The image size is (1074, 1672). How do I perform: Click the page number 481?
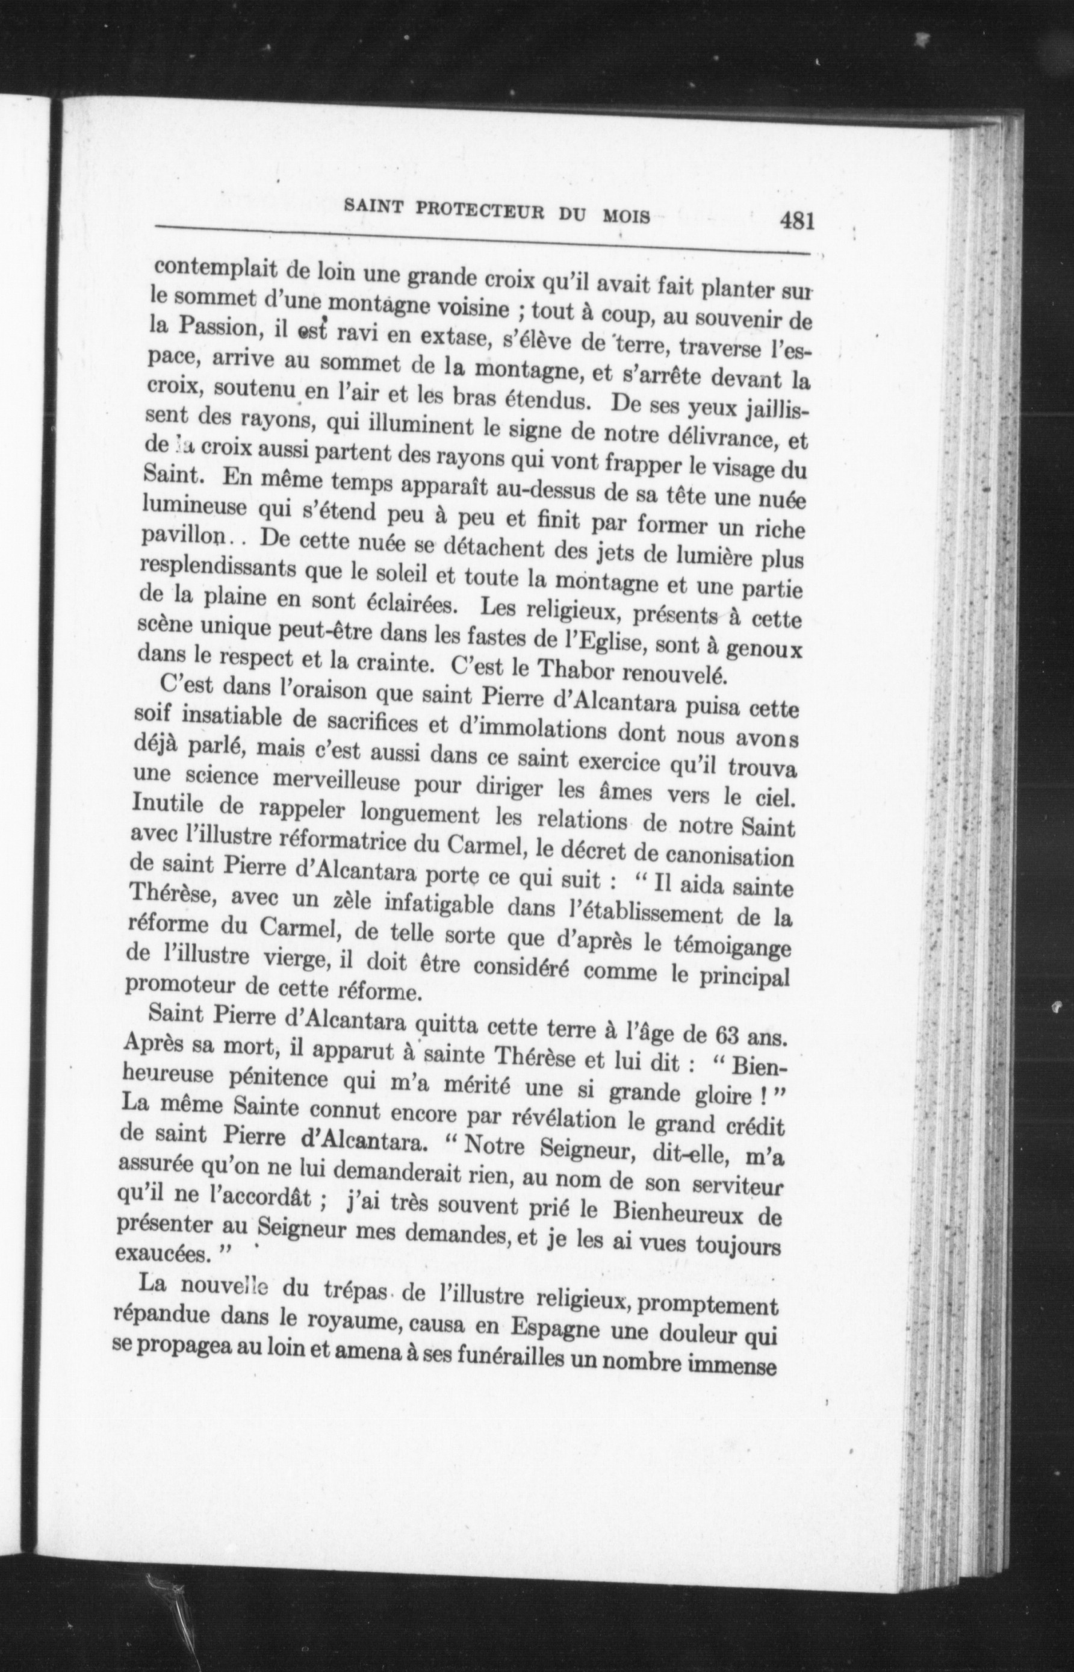point(798,222)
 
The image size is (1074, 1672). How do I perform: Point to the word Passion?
point(215,326)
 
